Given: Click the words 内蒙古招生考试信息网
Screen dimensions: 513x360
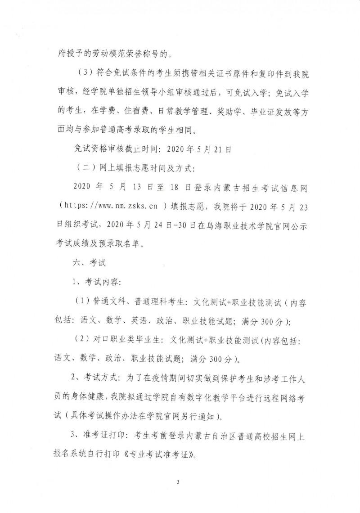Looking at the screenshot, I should click(252, 186).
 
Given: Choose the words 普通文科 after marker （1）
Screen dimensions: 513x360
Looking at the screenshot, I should click(108, 302).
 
